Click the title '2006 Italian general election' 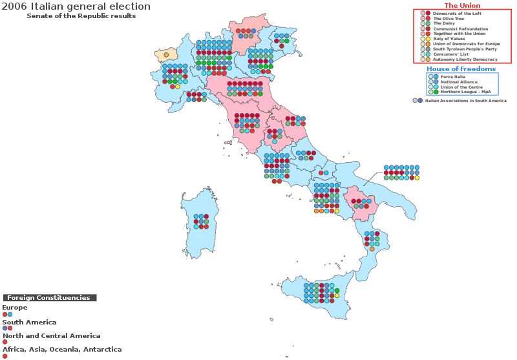tap(76, 6)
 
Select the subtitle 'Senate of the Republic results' tap(81, 16)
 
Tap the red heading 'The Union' tap(462, 6)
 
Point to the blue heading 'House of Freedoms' tap(461, 69)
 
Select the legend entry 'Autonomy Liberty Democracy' tap(465, 59)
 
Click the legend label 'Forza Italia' tap(452, 77)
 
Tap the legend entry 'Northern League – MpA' tap(465, 92)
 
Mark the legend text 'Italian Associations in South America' tap(465, 101)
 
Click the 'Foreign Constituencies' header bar tap(49, 298)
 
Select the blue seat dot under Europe tap(10, 314)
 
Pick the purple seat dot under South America tap(5, 328)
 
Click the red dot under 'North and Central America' tap(5, 342)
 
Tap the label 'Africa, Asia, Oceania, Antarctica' tap(62, 350)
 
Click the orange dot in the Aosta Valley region tap(166, 55)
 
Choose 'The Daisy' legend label tap(444, 24)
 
